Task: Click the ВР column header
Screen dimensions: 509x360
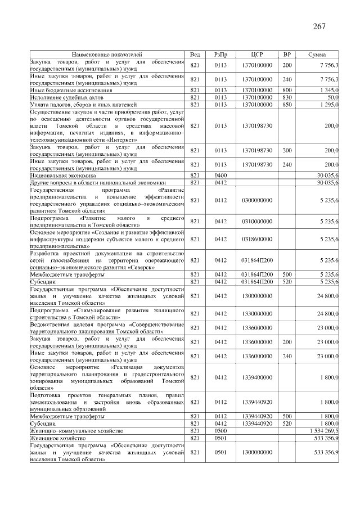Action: click(287, 54)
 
